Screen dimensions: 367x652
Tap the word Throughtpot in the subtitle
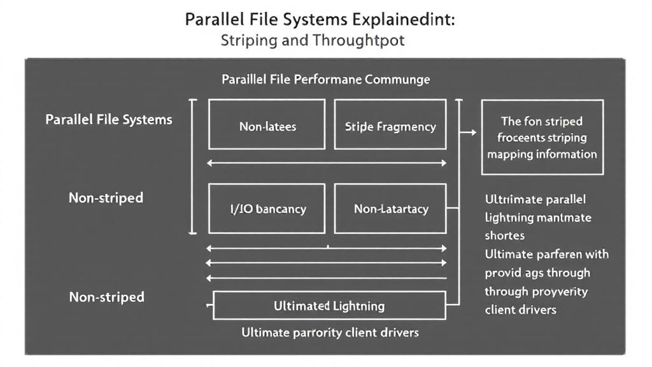[359, 41]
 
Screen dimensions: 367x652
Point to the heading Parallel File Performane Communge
[325, 80]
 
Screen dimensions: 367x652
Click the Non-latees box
[267, 124]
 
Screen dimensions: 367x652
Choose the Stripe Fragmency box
[390, 124]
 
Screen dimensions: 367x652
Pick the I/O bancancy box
[267, 209]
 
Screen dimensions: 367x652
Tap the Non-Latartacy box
[390, 209]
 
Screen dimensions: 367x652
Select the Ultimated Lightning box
[329, 306]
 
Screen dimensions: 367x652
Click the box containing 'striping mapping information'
[542, 137]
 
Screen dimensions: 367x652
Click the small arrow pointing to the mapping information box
[469, 133]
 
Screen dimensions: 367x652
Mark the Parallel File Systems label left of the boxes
[109, 120]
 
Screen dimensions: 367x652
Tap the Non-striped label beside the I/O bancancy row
[106, 198]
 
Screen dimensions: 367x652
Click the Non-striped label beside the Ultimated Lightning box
[106, 297]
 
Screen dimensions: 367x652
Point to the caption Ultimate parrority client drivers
[330, 333]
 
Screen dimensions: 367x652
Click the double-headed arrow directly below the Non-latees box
[327, 163]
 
